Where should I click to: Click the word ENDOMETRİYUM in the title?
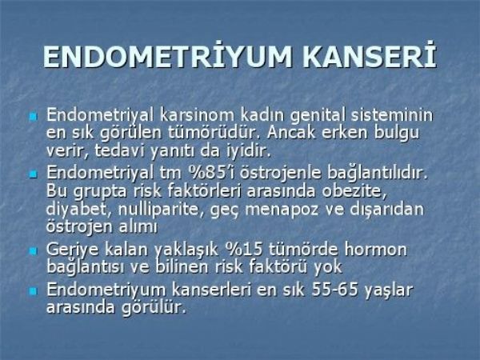168,56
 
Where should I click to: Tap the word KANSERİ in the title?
370,56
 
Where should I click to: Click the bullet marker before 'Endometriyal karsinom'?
33,117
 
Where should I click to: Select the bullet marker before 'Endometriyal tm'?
33,174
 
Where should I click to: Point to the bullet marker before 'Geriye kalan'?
33,251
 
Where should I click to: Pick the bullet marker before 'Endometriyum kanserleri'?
33,291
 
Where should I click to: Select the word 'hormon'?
376,249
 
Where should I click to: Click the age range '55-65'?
334,290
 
